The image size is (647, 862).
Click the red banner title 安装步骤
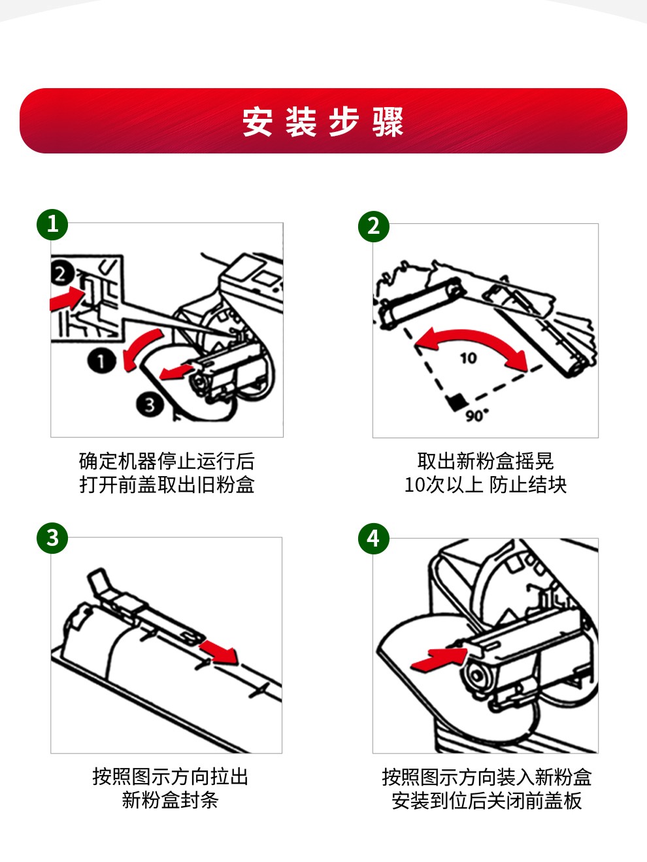point(323,121)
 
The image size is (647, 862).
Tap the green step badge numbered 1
point(52,225)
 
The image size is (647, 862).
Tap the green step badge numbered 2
point(374,226)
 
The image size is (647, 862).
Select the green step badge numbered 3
point(52,537)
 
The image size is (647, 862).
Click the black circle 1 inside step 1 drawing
point(102,361)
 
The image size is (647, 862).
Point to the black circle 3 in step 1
point(150,404)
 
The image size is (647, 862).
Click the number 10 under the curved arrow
point(469,358)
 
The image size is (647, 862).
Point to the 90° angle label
point(477,415)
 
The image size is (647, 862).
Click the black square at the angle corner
point(457,402)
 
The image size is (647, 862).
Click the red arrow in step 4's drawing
point(439,660)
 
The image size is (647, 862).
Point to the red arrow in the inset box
point(67,299)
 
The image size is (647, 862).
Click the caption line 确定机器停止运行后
point(167,460)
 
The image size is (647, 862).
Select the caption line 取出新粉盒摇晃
point(486,460)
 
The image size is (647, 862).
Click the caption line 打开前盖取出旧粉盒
point(167,484)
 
